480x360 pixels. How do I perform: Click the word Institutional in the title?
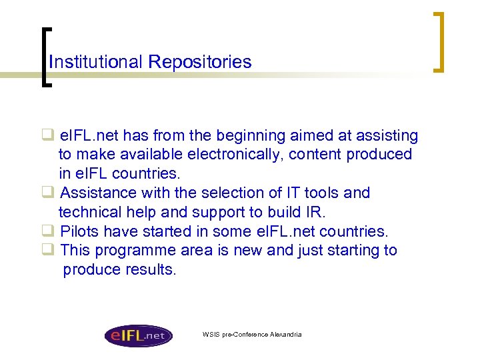[96, 62]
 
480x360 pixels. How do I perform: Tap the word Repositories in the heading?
[200, 62]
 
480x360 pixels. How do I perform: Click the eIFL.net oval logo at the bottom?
[138, 335]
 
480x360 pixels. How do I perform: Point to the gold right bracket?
[438, 41]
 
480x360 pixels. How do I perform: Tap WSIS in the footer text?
[210, 334]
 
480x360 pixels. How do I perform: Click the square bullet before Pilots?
[48, 231]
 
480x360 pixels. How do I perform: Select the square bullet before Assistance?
[48, 193]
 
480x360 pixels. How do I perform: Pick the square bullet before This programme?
[48, 251]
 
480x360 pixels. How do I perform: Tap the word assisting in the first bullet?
[387, 136]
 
